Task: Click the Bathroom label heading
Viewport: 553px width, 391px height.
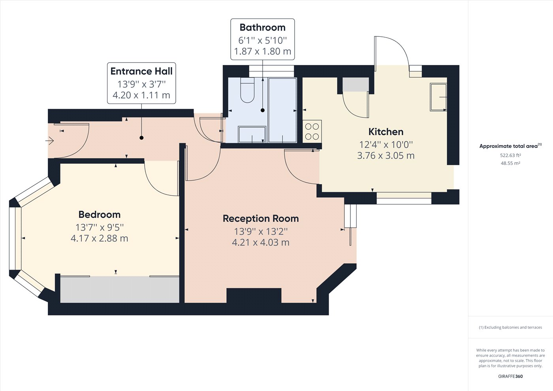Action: pyautogui.click(x=262, y=27)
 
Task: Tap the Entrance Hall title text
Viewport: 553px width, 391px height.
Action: pyautogui.click(x=141, y=71)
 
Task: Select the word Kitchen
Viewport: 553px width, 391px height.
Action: pyautogui.click(x=386, y=132)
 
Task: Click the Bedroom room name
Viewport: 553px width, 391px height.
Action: pyautogui.click(x=100, y=215)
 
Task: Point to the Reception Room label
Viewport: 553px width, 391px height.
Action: pyautogui.click(x=261, y=219)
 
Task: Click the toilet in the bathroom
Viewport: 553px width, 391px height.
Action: pyautogui.click(x=247, y=90)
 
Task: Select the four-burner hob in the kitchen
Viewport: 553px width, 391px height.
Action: pyautogui.click(x=312, y=132)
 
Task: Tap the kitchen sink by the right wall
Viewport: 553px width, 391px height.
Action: pyautogui.click(x=438, y=97)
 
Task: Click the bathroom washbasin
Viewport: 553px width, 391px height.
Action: pyautogui.click(x=252, y=134)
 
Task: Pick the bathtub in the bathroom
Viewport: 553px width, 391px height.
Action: pyautogui.click(x=282, y=110)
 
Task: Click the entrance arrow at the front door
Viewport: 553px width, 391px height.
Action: pyautogui.click(x=50, y=141)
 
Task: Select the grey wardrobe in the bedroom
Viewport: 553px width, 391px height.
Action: pyautogui.click(x=120, y=289)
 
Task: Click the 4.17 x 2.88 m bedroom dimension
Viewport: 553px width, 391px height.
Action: pyautogui.click(x=100, y=238)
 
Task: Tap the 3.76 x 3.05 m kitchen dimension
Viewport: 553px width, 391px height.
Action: pyautogui.click(x=386, y=156)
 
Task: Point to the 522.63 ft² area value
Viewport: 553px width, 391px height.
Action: pyautogui.click(x=510, y=155)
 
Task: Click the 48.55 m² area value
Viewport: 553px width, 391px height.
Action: pyautogui.click(x=510, y=163)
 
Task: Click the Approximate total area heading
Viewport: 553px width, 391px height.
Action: pyautogui.click(x=510, y=146)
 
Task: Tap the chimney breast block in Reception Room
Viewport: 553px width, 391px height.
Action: pyautogui.click(x=254, y=296)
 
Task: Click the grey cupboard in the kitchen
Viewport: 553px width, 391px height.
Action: pyautogui.click(x=356, y=85)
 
